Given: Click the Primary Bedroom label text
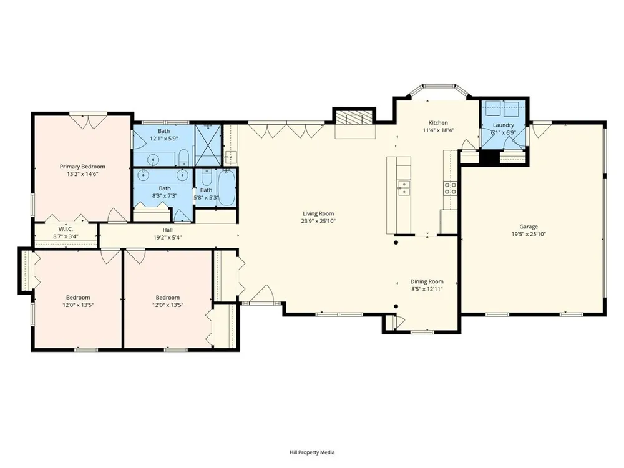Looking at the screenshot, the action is [x=82, y=167].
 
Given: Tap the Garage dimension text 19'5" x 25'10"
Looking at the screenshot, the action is [x=529, y=235].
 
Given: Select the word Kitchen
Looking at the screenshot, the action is [x=438, y=123].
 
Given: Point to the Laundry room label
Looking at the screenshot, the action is [x=504, y=125].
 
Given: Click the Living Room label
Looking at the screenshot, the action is [x=318, y=213].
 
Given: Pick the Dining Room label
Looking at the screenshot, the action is [x=427, y=282].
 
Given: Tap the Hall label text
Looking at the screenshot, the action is [x=167, y=230].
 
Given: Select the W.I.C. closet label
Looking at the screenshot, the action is [x=66, y=229].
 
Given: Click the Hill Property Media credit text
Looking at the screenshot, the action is [x=312, y=452].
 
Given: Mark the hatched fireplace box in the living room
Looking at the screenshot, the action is [x=354, y=118].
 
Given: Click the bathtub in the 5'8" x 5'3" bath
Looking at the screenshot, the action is [x=227, y=188].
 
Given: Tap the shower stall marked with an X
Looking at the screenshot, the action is [x=207, y=145].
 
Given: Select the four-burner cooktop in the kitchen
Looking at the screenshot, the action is [x=451, y=188].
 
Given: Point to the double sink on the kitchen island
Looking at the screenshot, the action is [x=404, y=188].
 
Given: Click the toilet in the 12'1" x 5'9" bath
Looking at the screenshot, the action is [x=183, y=158].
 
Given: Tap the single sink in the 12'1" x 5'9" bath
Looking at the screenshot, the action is [x=154, y=160].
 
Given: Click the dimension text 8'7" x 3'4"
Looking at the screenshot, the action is [x=66, y=236].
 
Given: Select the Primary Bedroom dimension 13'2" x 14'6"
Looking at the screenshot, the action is [x=82, y=174].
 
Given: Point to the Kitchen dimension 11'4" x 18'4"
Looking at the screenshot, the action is [x=438, y=130].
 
